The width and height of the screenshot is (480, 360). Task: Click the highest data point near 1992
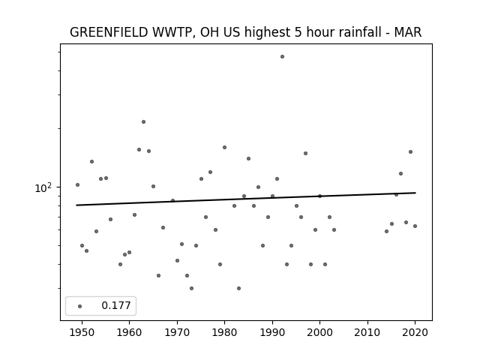[282, 57]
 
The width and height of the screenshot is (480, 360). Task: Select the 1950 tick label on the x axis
[82, 332]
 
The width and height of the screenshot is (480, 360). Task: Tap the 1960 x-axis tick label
[129, 332]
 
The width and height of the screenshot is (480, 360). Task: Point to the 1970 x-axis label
[177, 332]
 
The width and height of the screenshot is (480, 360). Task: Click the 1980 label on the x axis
[224, 332]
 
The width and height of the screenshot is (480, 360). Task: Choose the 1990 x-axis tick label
[272, 332]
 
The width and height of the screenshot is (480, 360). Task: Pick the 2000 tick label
[319, 332]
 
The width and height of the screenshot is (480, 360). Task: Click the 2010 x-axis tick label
[367, 332]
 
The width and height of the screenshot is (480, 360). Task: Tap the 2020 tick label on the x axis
[415, 332]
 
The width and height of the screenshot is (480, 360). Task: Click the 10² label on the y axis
[43, 188]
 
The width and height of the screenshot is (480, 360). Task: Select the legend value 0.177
[116, 305]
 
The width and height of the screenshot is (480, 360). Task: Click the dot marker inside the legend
[80, 306]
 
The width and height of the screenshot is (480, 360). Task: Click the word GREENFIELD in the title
[109, 32]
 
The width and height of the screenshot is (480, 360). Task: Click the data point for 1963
[143, 121]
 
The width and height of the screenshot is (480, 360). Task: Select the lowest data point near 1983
[238, 288]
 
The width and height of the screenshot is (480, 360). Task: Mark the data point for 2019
[410, 151]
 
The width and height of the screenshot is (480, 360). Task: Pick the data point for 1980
[224, 147]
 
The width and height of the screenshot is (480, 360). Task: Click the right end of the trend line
[415, 193]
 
